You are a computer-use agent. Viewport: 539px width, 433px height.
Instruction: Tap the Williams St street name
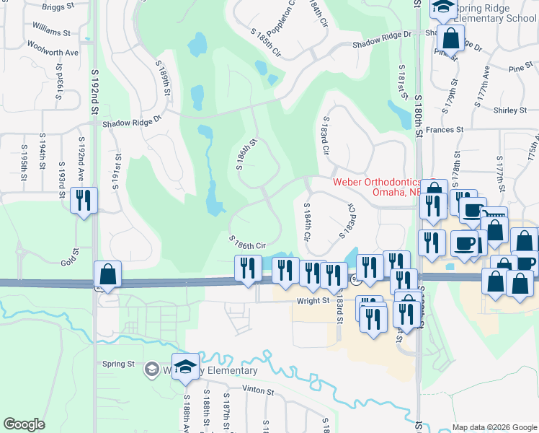50,32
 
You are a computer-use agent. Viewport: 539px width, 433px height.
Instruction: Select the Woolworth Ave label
52,53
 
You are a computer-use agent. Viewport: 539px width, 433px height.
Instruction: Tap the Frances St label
444,130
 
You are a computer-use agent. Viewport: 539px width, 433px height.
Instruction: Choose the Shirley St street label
511,110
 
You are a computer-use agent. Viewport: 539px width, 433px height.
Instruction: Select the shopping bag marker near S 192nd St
107,274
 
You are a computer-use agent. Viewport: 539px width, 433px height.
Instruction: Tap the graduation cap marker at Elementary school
185,367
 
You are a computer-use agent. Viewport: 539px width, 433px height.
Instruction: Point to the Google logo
24,424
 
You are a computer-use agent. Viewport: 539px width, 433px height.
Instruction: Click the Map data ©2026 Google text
494,427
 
